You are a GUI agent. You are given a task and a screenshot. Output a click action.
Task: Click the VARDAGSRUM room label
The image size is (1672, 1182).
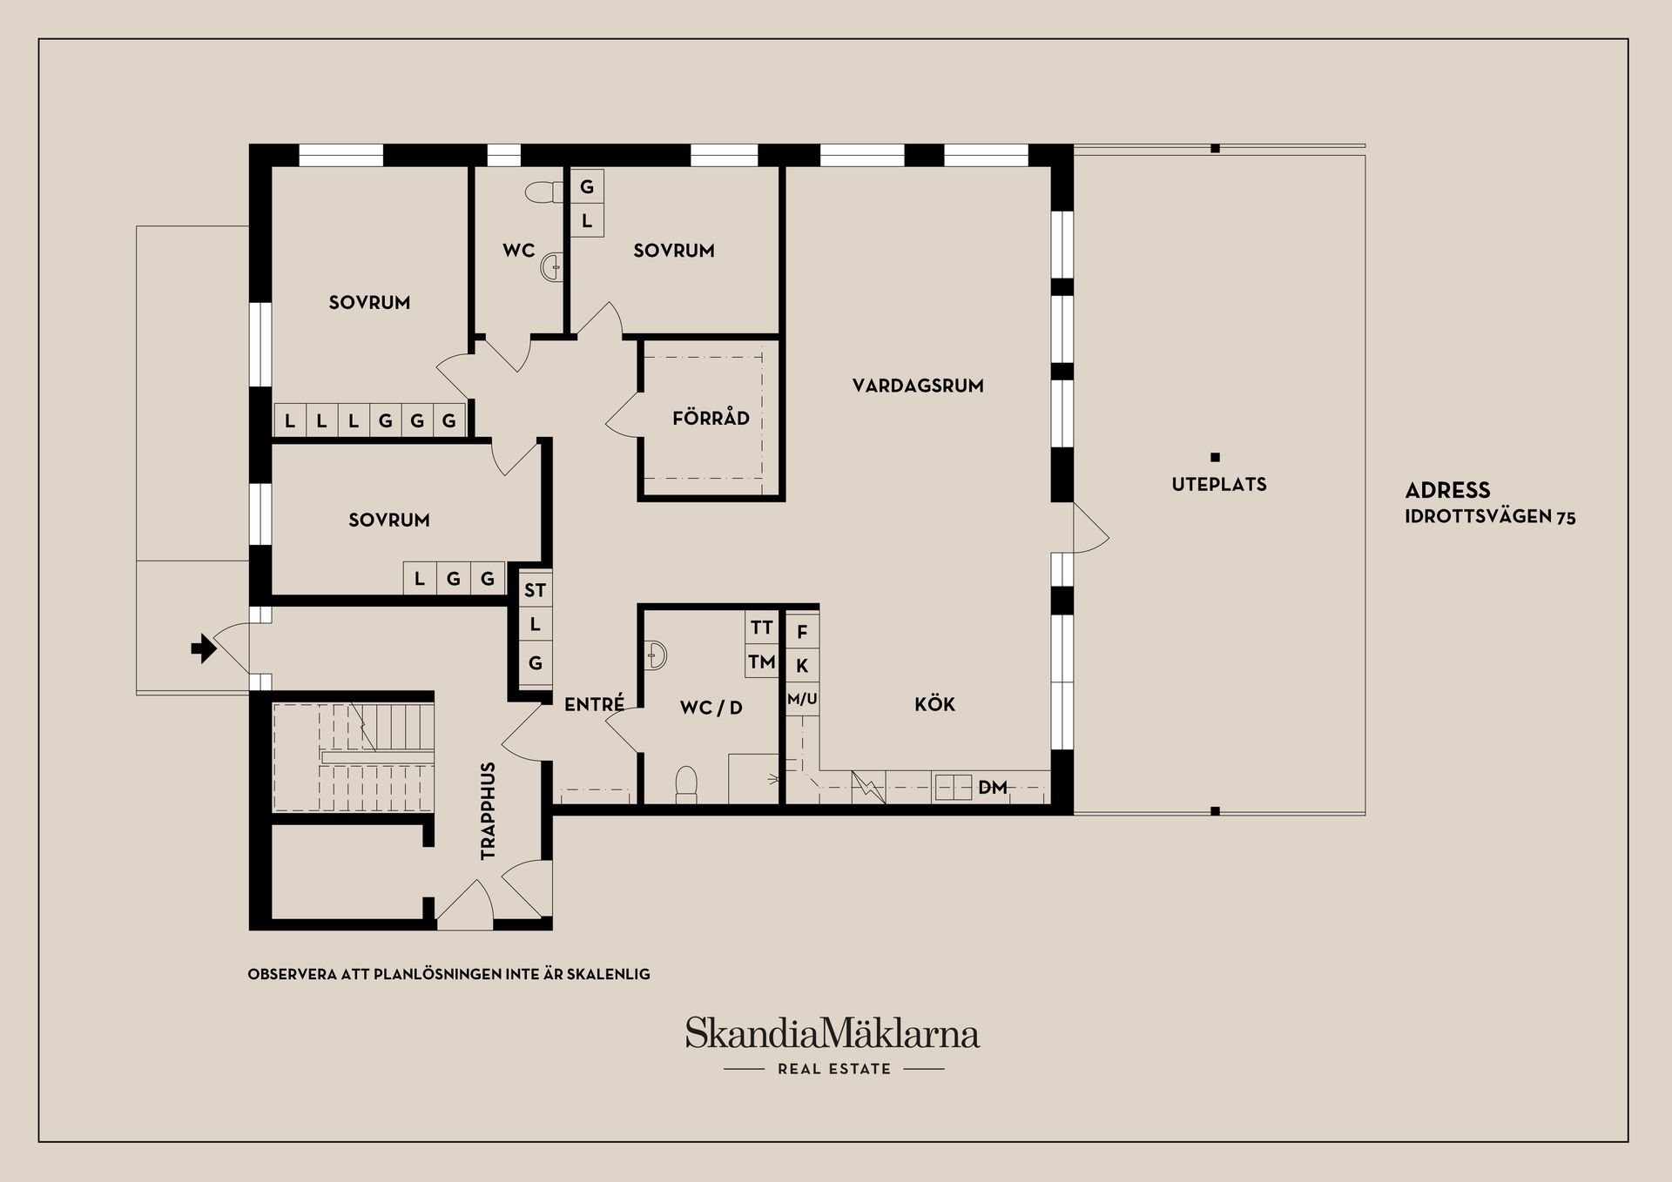pos(918,386)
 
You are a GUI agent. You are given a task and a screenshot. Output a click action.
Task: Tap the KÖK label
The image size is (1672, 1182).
pos(934,704)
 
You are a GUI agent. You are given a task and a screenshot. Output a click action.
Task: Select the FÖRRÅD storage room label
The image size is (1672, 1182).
pos(711,418)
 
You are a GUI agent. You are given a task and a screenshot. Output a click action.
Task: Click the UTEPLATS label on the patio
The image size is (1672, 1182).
pos(1218,485)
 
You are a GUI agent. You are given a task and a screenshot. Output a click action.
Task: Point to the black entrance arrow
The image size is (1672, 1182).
pos(204,648)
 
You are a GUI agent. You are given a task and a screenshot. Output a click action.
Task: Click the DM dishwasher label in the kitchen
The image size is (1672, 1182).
pos(992,788)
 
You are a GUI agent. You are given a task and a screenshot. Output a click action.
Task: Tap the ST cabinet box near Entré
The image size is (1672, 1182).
pos(535,591)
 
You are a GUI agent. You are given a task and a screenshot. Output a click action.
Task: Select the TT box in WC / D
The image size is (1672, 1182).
pos(761,628)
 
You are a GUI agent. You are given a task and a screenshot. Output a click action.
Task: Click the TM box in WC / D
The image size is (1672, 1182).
pos(761,662)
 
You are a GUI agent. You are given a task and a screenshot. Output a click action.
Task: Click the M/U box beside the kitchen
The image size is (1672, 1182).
pos(802,699)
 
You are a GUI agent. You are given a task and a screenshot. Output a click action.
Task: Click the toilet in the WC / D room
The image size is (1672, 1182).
pos(686,783)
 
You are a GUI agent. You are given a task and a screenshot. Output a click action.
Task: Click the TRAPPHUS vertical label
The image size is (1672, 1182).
pos(488,811)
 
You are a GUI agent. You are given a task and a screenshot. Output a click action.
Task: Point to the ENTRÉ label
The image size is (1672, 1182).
pos(594,704)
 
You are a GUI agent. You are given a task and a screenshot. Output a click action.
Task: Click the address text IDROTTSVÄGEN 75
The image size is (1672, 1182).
pos(1490,517)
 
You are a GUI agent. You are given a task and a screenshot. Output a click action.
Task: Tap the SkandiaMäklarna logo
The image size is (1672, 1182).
pos(833,1034)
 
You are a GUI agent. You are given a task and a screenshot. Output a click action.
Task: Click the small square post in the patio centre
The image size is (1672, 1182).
pos(1216,457)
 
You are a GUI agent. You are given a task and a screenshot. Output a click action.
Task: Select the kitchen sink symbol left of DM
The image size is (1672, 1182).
pos(953,788)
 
